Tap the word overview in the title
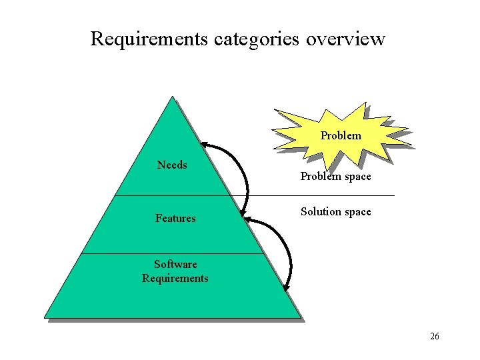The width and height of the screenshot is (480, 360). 345,39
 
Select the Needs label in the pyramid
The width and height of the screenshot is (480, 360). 172,165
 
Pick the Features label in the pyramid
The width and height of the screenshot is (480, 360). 175,218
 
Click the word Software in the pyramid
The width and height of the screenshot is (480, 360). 175,264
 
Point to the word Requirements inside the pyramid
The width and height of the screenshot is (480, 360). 175,278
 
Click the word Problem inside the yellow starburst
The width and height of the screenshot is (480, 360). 341,135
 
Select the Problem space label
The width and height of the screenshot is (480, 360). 335,177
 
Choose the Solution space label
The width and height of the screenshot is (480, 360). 335,211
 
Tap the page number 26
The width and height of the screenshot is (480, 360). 435,336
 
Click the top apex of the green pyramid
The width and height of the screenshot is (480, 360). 173,97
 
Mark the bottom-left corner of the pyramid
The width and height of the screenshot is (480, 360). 45,317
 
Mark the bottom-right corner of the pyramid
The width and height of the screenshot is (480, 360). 300,317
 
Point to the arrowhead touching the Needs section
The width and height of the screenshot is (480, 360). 205,145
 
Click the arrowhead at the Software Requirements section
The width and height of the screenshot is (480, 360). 286,288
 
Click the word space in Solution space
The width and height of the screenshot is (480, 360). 357,212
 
